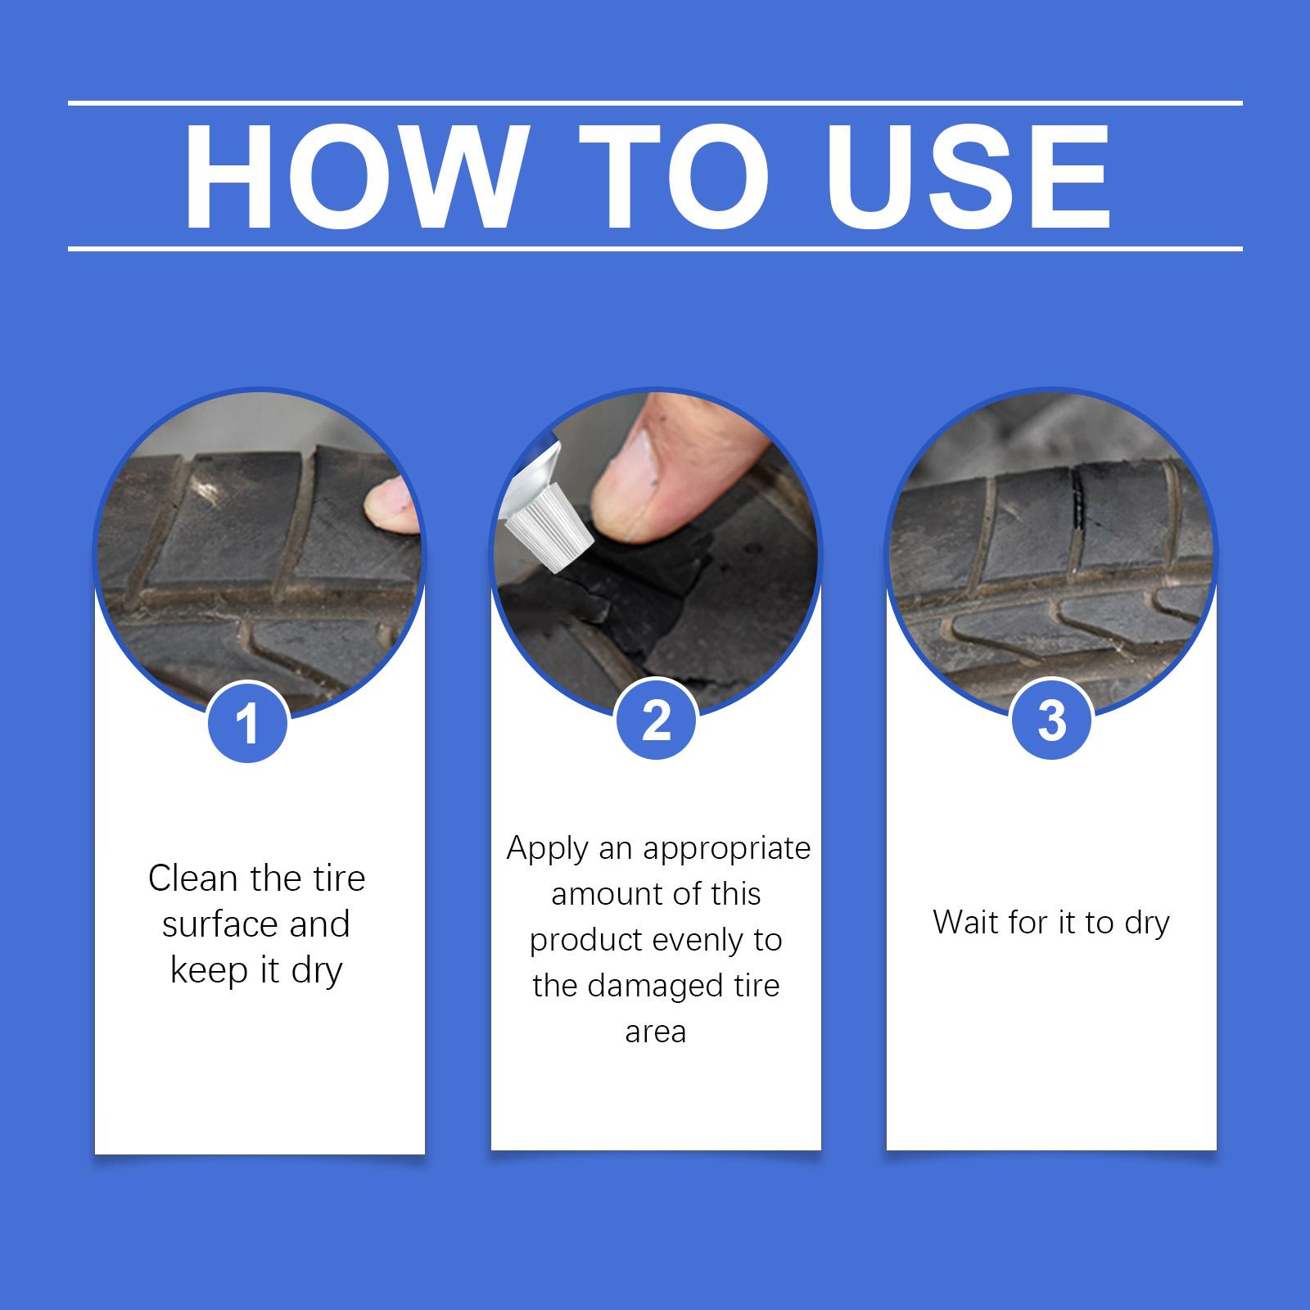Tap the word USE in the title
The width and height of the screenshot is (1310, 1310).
(x=969, y=178)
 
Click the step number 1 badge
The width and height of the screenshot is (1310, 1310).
(x=247, y=722)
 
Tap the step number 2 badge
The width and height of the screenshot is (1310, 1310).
(x=656, y=720)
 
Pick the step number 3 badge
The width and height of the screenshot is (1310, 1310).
(x=1051, y=720)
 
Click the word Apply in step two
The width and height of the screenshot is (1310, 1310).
(x=548, y=849)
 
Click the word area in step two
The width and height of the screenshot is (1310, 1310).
(x=655, y=1032)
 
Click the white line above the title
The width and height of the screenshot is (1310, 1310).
(x=655, y=103)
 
